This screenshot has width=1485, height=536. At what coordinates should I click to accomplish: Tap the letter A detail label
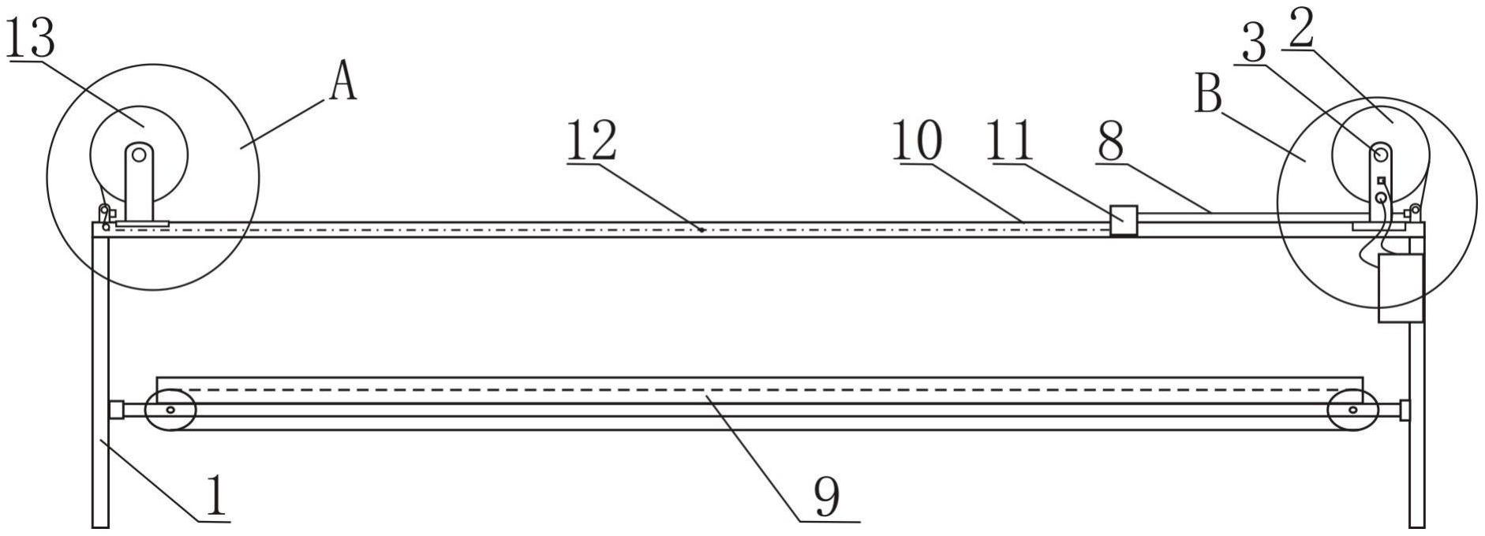point(343,82)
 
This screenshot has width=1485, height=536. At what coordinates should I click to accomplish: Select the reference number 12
point(591,142)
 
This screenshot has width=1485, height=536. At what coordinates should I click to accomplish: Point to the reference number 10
point(917,142)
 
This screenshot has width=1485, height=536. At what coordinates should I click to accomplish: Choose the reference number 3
point(1254,44)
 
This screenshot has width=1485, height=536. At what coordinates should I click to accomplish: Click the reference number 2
point(1300,30)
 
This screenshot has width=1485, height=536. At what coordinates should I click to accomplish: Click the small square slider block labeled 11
point(1123,220)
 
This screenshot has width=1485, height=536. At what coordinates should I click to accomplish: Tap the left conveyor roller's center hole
point(169,409)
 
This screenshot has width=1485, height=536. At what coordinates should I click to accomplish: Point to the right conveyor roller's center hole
point(1352,410)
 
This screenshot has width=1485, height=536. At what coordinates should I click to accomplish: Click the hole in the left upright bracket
point(139,155)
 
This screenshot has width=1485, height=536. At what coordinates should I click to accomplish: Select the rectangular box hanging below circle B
point(1400,288)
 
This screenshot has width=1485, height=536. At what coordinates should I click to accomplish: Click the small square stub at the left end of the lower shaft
point(116,410)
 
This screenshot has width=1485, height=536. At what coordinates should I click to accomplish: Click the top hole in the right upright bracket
point(1380,154)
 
